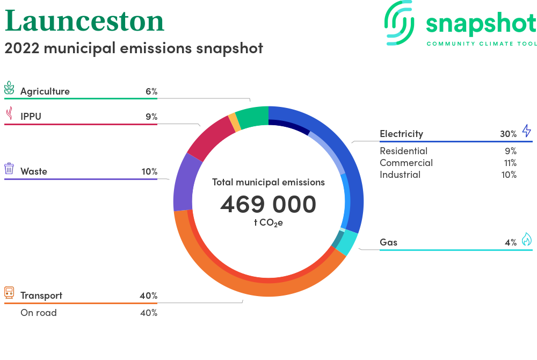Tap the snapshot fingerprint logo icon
coord(400,23)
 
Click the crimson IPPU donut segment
coord(210,139)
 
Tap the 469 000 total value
coord(268,204)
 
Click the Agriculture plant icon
coord(9,88)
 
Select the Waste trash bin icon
coord(9,169)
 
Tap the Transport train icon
coord(9,293)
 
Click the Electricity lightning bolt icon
coord(527,131)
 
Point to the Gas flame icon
coord(527,239)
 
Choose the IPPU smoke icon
coord(10,113)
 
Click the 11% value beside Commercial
coord(510,163)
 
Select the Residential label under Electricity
coord(403,151)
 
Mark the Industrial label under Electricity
coord(400,175)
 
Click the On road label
coord(39,313)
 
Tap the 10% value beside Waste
coord(150,171)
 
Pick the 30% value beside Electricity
coord(508,134)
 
